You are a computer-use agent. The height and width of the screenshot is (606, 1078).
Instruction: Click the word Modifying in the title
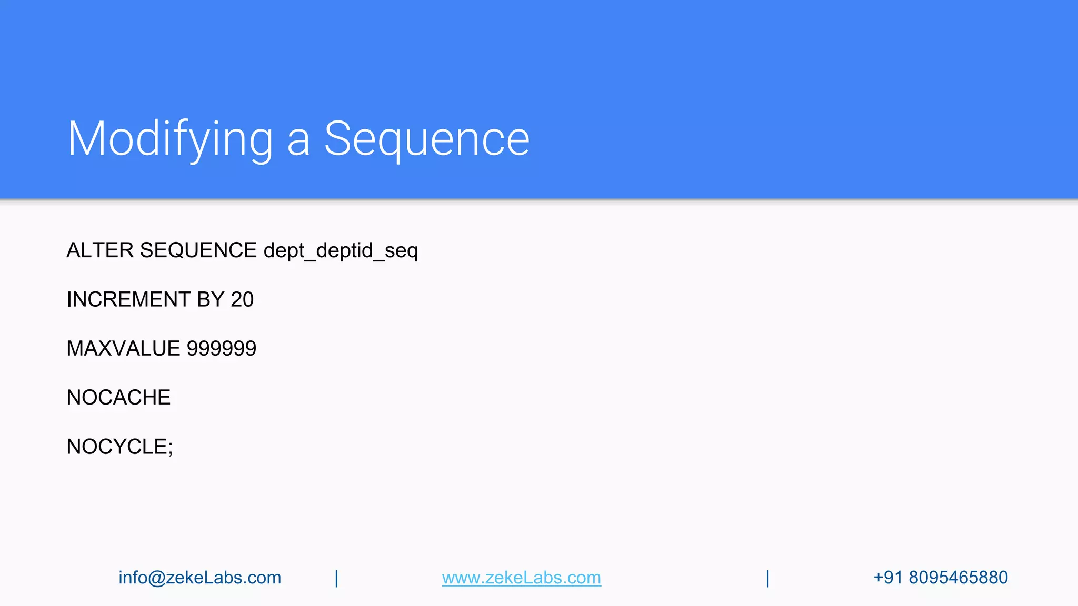pos(170,139)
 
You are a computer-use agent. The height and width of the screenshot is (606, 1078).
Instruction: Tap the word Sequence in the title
pos(426,139)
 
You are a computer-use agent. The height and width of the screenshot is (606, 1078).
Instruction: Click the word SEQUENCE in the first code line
pos(198,250)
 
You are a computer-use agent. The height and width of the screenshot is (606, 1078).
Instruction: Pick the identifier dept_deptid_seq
pos(341,251)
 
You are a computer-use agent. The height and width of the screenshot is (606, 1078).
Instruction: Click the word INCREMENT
pos(128,300)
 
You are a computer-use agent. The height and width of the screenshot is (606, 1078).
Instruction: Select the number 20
pos(242,300)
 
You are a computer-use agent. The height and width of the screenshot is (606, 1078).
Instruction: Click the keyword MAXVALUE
pos(123,349)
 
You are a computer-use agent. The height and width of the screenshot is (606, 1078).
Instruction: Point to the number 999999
pos(222,349)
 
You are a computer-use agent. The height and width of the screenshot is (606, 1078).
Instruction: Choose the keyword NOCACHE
pos(118,398)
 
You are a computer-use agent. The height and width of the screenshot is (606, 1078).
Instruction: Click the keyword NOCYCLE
pos(117,447)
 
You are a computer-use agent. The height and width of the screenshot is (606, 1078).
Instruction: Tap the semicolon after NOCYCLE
pos(170,448)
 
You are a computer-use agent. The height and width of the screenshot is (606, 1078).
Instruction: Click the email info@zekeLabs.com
pos(199,578)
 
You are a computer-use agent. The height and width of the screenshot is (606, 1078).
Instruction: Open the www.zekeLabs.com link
pos(521,578)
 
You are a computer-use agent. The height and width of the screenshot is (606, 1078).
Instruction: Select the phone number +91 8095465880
pos(940,578)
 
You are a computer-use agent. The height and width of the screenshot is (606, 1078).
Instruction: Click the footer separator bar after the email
pos(336,578)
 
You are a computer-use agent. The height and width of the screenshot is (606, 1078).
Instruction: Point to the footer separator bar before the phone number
pos(767,578)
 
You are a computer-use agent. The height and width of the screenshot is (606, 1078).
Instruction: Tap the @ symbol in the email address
pos(157,578)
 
